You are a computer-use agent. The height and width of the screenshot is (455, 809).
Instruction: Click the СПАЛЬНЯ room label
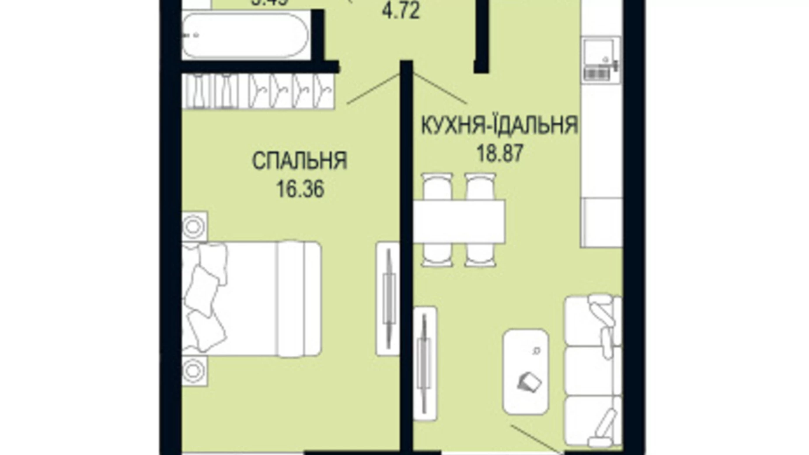(x=300, y=161)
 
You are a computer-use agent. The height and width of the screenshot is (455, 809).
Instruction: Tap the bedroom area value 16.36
(x=300, y=190)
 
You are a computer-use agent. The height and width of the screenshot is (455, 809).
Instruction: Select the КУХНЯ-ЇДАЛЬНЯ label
(x=499, y=126)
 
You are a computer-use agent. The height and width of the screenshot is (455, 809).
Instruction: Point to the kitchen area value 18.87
(x=500, y=154)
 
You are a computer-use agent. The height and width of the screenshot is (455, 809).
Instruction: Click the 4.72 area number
(x=401, y=11)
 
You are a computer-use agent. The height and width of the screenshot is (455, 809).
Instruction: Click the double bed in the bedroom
(x=251, y=298)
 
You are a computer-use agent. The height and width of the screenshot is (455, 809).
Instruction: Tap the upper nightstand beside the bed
(x=195, y=226)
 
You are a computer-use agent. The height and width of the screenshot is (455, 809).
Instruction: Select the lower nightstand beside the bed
(x=195, y=371)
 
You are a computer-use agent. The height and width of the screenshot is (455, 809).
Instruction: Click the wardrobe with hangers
(x=258, y=91)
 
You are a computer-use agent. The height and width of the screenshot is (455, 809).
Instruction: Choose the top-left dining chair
(x=437, y=187)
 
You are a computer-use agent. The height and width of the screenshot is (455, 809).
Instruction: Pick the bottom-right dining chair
(x=480, y=255)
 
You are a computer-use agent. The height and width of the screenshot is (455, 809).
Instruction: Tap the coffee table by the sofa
(x=526, y=371)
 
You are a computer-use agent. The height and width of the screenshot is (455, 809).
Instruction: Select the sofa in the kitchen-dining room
(x=593, y=370)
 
